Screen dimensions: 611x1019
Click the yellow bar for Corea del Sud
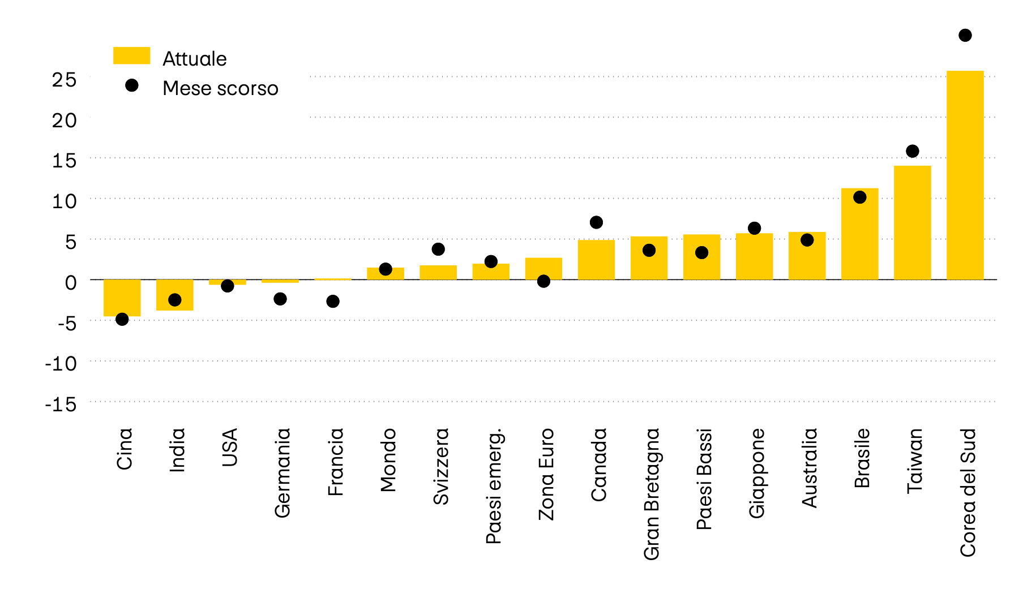965,175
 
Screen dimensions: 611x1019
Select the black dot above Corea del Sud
965,36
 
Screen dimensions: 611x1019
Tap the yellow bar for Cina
122,298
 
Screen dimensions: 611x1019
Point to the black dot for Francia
333,302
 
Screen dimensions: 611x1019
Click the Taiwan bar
912,223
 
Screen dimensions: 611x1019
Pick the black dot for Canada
596,222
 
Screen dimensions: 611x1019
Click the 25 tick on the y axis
64,80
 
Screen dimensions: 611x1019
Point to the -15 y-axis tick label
61,404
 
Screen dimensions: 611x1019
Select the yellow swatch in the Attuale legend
131,55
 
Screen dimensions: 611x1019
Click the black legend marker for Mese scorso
132,85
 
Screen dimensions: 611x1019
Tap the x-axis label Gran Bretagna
652,494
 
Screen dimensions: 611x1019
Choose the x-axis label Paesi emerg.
494,486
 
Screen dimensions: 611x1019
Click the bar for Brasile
859,234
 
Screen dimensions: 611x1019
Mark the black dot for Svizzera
438,249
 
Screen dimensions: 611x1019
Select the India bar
174,295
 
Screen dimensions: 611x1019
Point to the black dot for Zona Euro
543,281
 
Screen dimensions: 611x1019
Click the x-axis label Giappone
757,473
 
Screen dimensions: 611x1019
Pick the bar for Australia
807,256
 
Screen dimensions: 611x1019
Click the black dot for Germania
280,299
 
